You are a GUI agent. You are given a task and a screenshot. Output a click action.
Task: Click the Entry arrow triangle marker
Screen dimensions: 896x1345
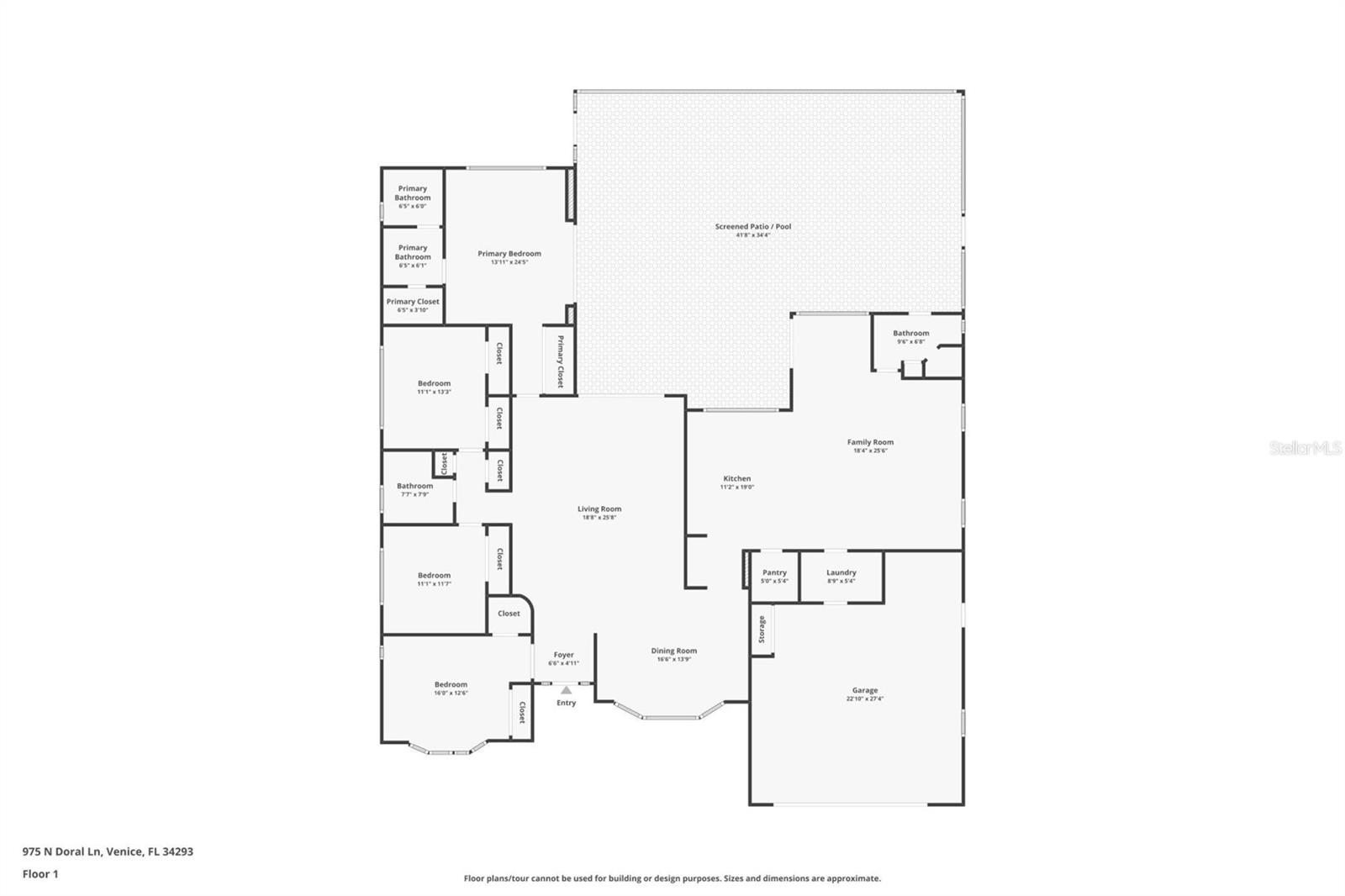(566, 690)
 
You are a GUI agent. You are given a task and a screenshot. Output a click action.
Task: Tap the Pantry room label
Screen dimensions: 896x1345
(774, 573)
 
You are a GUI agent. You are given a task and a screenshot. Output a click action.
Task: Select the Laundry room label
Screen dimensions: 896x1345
(841, 573)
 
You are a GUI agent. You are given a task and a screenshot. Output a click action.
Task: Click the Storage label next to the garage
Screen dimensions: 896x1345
(762, 629)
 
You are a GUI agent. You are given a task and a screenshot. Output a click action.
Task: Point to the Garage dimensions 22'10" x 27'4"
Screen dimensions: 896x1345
(865, 699)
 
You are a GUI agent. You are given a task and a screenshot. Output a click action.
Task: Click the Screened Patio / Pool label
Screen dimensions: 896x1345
(753, 227)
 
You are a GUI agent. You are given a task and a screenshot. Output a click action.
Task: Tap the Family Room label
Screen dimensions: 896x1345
(870, 442)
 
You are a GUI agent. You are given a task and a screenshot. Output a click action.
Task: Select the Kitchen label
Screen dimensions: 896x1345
(736, 479)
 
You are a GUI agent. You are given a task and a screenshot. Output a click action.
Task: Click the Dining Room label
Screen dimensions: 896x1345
(673, 651)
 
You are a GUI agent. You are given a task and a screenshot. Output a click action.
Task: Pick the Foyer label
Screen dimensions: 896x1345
(563, 656)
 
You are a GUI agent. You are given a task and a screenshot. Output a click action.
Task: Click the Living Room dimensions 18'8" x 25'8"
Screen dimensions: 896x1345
(599, 518)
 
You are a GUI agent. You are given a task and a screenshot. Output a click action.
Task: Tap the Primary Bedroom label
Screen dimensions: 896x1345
(509, 254)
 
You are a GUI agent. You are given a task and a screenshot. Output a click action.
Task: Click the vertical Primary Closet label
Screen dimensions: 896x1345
(560, 361)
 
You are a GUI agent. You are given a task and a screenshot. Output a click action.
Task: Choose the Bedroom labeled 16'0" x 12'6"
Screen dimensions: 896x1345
(451, 685)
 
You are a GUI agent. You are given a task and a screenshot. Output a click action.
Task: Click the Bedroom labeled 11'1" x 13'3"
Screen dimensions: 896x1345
(434, 384)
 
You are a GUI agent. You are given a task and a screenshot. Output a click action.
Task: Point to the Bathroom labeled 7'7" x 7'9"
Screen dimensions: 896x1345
(414, 487)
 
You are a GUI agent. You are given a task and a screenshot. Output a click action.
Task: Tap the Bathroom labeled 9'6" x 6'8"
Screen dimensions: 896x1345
(910, 334)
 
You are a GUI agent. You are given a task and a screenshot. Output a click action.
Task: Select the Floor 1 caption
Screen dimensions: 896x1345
(40, 874)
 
